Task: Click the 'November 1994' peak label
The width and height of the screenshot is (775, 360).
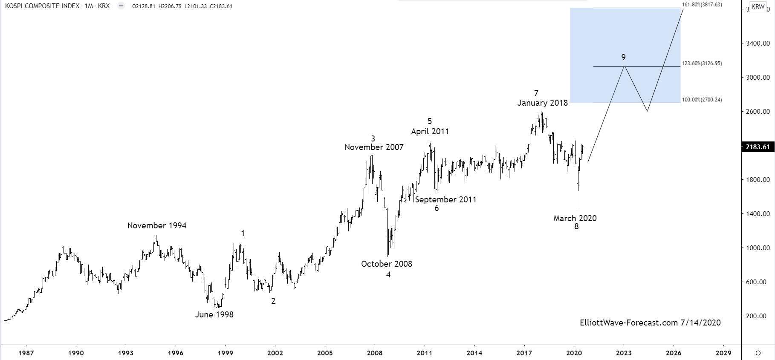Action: (x=157, y=226)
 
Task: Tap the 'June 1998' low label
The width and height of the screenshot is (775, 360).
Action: (x=214, y=315)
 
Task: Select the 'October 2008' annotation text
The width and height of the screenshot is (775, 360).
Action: (x=387, y=264)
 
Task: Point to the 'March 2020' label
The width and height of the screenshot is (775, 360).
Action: (x=575, y=219)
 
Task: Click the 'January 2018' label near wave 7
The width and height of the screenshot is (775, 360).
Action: (x=543, y=103)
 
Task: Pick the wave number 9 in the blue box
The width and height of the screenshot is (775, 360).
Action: (x=623, y=58)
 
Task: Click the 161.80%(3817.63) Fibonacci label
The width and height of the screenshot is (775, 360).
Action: (x=702, y=5)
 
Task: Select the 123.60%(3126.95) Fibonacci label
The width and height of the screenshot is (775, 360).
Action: (x=702, y=63)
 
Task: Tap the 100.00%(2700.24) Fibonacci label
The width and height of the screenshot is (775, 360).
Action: (x=702, y=100)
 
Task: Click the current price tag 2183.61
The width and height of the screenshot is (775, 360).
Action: (x=758, y=147)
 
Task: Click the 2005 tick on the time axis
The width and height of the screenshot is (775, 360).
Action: (x=325, y=353)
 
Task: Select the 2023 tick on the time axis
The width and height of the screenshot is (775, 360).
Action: (x=624, y=353)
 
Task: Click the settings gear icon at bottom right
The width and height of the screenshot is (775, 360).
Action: (x=758, y=353)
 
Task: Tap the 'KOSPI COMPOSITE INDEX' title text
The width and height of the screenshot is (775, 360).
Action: (x=42, y=6)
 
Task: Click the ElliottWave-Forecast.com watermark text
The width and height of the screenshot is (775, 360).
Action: (x=650, y=323)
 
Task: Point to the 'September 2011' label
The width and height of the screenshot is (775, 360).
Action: (x=445, y=200)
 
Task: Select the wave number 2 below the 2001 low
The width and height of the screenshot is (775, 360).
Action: (x=273, y=301)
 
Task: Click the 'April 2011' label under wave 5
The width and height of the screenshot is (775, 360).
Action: (x=430, y=132)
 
